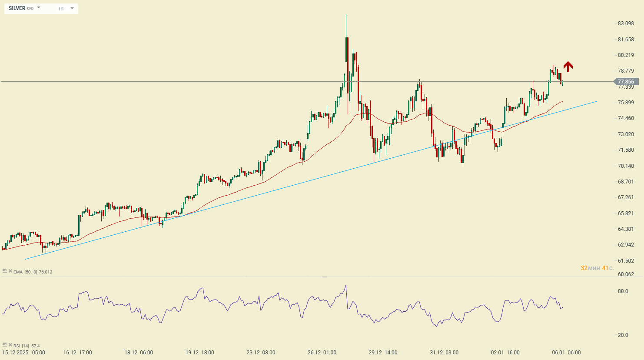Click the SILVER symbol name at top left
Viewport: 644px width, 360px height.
[17, 8]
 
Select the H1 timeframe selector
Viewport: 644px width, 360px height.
[61, 9]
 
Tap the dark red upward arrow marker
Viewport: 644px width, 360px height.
[568, 67]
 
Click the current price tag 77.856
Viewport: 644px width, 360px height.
[625, 82]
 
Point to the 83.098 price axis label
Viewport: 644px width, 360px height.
[626, 23]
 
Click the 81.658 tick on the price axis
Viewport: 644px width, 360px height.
[626, 40]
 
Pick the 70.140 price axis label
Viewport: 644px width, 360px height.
[626, 166]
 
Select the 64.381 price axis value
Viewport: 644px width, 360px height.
[626, 229]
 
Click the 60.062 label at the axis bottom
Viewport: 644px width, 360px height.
[626, 274]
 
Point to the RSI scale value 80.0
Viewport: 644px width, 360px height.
[623, 291]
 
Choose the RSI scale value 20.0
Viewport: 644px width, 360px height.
[623, 335]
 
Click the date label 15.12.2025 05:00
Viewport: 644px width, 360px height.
[23, 353]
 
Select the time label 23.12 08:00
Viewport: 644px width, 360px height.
[261, 353]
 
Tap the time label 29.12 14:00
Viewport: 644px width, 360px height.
[383, 353]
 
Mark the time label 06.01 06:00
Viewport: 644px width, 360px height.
[566, 353]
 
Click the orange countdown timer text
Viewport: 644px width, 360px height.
[597, 268]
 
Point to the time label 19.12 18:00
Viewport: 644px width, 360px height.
[199, 353]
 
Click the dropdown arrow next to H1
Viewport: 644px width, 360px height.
[72, 8]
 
